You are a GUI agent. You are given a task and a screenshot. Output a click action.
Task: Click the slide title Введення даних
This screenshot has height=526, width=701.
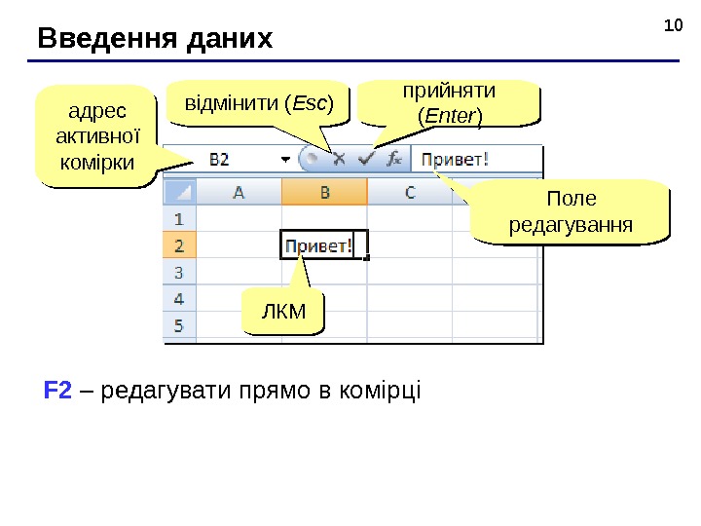[156, 39]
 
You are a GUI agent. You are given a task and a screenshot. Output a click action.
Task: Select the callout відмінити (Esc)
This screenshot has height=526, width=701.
[258, 103]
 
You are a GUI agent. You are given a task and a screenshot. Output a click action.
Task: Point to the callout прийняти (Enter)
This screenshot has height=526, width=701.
[450, 103]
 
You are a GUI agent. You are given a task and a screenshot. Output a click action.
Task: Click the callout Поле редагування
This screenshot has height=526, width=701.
[571, 212]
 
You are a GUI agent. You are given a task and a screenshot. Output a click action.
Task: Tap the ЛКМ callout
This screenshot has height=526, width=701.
[284, 311]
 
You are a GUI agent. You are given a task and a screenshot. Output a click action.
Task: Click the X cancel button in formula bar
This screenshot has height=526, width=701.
[340, 158]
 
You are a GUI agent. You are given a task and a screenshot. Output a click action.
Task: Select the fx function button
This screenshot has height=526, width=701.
[395, 158]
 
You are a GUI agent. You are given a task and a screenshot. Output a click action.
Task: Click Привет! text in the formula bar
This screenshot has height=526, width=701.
[456, 158]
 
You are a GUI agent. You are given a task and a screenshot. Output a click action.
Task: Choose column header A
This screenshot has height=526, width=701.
[239, 192]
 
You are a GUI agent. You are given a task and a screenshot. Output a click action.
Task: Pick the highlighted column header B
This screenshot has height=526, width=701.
[324, 192]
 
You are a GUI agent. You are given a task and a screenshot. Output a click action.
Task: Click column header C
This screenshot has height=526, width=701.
[410, 192]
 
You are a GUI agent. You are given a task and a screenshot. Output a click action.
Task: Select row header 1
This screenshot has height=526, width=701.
[179, 219]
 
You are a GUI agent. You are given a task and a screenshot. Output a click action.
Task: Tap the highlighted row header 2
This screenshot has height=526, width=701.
[179, 245]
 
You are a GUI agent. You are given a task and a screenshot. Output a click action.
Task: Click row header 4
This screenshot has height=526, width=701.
[179, 298]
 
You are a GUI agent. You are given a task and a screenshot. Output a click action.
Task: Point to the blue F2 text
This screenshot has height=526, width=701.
[57, 392]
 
